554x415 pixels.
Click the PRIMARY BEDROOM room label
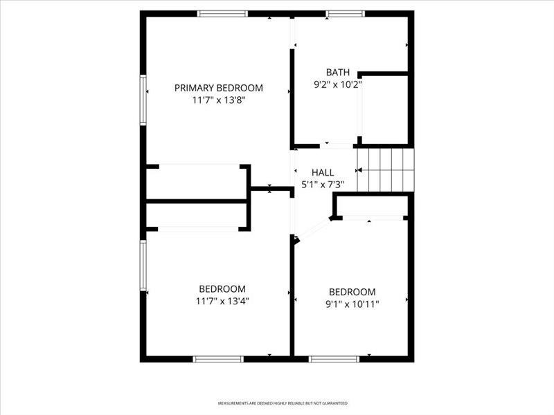click(x=219, y=88)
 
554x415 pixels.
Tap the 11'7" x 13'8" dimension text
click(x=219, y=100)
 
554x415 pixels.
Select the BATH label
click(x=338, y=73)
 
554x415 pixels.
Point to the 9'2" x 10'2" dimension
click(x=338, y=84)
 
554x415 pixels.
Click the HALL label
click(x=323, y=172)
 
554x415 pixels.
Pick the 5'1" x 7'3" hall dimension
click(x=323, y=185)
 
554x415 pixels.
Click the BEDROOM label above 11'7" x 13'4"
click(x=222, y=289)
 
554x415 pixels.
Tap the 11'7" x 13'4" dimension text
click(x=222, y=302)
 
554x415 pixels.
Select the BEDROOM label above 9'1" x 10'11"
click(x=352, y=292)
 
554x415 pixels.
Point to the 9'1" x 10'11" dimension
click(x=352, y=304)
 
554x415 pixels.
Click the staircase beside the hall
click(x=386, y=170)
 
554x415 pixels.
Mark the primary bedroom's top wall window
click(x=222, y=14)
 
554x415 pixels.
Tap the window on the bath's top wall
click(x=345, y=14)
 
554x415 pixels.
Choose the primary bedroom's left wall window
click(x=143, y=100)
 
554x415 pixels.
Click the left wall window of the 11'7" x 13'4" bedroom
click(x=143, y=266)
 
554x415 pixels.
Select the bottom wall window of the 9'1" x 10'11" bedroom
click(x=334, y=359)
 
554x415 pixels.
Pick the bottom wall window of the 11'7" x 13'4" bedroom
click(x=218, y=359)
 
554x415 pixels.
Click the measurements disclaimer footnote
click(x=283, y=403)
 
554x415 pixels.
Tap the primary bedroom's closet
click(x=197, y=182)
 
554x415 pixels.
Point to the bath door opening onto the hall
click(x=337, y=146)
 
